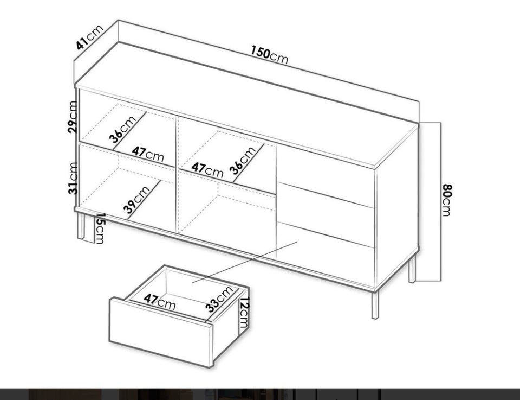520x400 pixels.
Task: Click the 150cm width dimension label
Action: click(x=269, y=55)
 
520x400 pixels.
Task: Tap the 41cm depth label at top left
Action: click(x=89, y=36)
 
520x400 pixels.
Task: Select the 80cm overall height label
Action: click(x=446, y=200)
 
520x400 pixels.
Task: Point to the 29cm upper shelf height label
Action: click(x=73, y=117)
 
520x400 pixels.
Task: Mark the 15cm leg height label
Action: click(x=100, y=228)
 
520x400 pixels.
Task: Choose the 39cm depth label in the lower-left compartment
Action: click(x=136, y=199)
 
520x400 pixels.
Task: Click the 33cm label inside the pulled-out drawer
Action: click(x=219, y=300)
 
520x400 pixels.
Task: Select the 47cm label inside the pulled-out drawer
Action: click(x=159, y=301)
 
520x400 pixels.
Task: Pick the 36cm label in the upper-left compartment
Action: click(x=123, y=129)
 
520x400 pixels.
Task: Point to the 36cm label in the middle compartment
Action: click(x=243, y=161)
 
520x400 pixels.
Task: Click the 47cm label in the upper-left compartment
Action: click(x=148, y=154)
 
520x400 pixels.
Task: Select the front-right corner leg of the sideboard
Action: click(x=375, y=304)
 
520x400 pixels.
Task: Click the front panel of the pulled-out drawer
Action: click(x=161, y=333)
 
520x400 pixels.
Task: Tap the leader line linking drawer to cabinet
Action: click(x=245, y=263)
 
